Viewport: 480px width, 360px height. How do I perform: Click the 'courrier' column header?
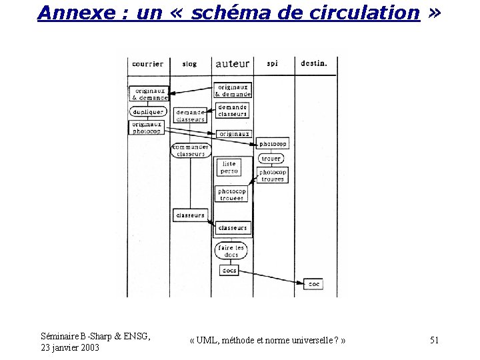point(147,64)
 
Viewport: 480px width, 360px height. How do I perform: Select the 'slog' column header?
point(189,64)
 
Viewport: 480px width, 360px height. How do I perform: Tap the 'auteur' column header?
point(233,64)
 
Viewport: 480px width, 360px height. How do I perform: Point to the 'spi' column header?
point(272,64)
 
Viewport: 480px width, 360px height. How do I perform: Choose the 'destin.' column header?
point(314,64)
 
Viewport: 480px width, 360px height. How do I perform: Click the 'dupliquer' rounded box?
point(147,112)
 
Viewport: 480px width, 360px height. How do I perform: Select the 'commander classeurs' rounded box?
point(191,151)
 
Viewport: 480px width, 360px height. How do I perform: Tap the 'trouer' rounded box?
point(271,159)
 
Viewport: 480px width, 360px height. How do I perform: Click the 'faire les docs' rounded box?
point(232,251)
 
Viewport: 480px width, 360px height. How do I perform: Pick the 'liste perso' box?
point(229,167)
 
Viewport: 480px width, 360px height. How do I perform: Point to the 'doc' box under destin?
point(314,284)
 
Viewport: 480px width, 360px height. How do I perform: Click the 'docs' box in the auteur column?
point(229,271)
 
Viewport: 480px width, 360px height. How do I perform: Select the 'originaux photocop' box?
point(146,127)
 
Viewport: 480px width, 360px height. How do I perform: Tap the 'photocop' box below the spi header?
point(273,144)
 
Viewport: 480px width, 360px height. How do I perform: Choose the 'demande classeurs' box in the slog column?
point(190,116)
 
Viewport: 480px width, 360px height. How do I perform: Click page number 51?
point(434,341)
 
